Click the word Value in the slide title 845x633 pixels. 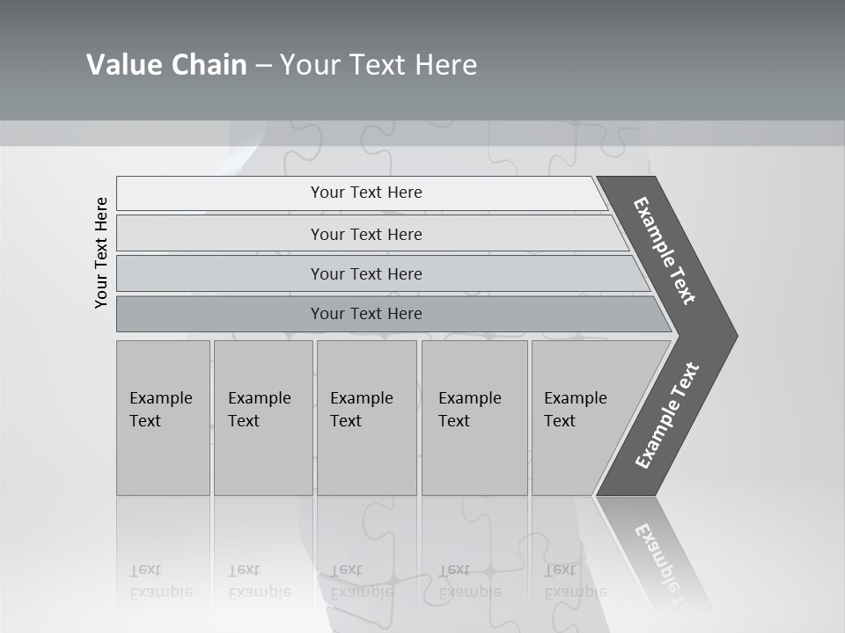click(x=119, y=64)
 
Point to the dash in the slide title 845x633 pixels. click(x=263, y=65)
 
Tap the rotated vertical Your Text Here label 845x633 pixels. click(x=101, y=252)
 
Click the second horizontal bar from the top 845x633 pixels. click(x=366, y=234)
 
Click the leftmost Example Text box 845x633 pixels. click(x=163, y=418)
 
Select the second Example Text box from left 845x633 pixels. click(x=262, y=418)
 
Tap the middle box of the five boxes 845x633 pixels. click(x=366, y=418)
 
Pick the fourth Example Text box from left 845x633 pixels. click(x=474, y=418)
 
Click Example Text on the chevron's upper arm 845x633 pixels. click(x=665, y=251)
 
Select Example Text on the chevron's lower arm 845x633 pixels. click(x=666, y=416)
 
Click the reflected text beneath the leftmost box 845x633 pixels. click(x=159, y=581)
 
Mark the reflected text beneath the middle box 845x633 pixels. click(x=361, y=581)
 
